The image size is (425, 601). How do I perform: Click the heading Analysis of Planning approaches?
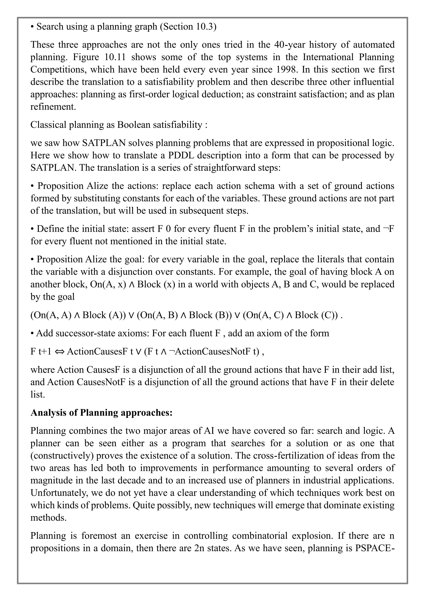[x=101, y=412]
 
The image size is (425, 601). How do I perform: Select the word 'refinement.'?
[x=53, y=107]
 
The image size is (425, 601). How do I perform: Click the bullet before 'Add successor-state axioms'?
[x=32, y=333]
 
